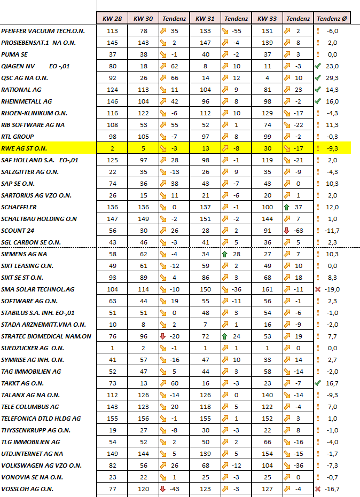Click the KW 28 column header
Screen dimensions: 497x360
tap(112, 19)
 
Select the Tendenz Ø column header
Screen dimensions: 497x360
tap(332, 19)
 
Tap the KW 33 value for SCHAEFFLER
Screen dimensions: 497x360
tap(267, 207)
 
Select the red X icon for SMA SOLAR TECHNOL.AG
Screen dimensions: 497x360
tap(318, 289)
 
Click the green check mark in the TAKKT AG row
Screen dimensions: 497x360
tap(318, 383)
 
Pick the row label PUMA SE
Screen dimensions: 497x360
tap(15, 54)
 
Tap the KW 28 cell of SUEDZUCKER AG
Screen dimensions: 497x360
tap(112, 348)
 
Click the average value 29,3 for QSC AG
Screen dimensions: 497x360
tap(333, 77)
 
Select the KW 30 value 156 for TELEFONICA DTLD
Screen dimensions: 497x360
tap(143, 418)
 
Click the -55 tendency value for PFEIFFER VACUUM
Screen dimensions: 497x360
tap(236, 30)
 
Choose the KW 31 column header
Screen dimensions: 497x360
tap(205, 19)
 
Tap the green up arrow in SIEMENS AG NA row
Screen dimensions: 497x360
tap(225, 254)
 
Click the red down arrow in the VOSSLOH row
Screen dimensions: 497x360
tap(163, 488)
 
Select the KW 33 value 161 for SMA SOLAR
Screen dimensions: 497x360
tap(267, 289)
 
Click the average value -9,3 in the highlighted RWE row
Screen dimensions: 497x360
tap(333, 148)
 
